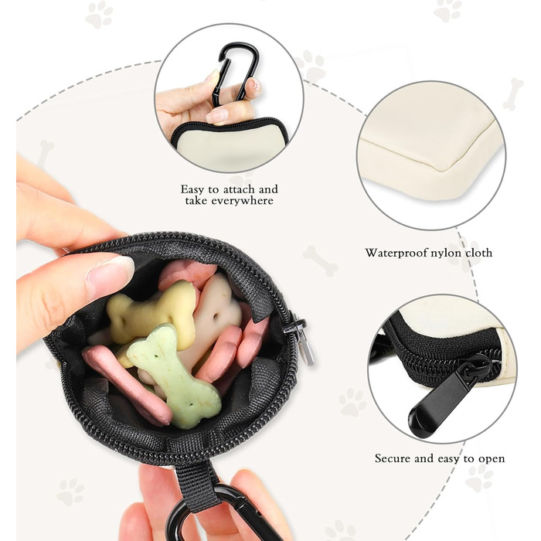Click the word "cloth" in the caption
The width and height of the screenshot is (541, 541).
(x=479, y=253)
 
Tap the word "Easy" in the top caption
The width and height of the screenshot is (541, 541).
(x=192, y=190)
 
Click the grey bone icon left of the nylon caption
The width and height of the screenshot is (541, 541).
(x=321, y=261)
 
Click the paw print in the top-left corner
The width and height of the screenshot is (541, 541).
(x=100, y=15)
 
